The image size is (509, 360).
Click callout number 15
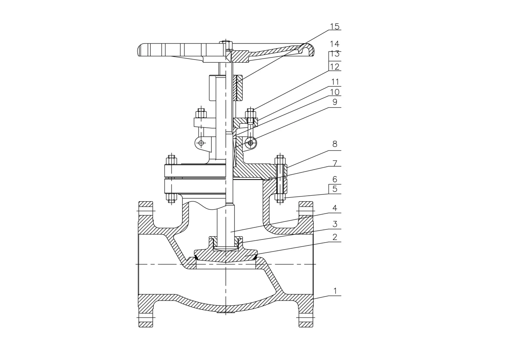tap(335, 27)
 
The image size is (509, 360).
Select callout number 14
tap(335, 44)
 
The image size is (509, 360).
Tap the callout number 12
tap(335, 66)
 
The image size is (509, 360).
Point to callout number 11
tap(335, 82)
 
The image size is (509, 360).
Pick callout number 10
tap(335, 92)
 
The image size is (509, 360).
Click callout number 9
tap(335, 102)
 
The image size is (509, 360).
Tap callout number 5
tap(335, 189)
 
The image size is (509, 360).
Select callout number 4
tap(335, 208)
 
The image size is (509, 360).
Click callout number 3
tap(335, 224)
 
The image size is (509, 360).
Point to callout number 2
tap(335, 237)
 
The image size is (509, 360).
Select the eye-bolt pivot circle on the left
tap(201, 143)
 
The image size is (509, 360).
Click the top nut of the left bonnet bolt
tap(172, 161)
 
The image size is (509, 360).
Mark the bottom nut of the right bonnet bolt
tap(280, 197)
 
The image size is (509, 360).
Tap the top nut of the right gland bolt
tap(251, 112)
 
